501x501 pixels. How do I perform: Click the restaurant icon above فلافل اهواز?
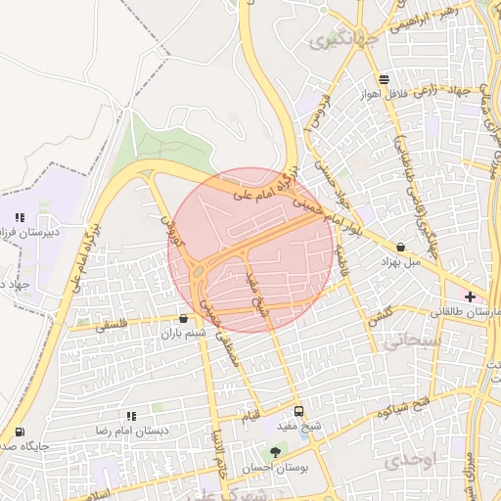[x=385, y=80]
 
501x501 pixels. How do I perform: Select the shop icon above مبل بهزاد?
[x=404, y=247]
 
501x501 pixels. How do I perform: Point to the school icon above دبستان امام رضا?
[x=131, y=416]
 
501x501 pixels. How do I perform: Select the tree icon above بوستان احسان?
[x=275, y=452]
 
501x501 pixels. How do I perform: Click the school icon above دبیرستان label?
[x=19, y=217]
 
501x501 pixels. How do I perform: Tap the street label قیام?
[x=251, y=417]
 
